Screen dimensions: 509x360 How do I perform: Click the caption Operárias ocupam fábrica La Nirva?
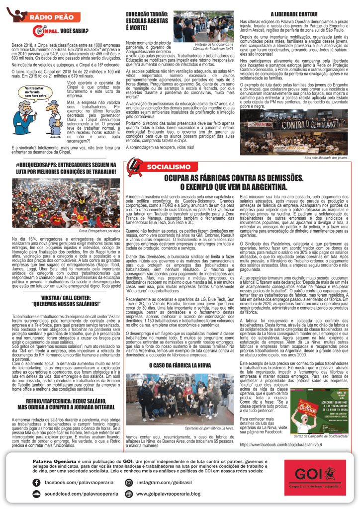click(x=209, y=427)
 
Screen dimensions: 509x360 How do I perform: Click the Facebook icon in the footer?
click(x=36, y=483)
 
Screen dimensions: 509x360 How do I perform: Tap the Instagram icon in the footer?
click(x=129, y=483)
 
